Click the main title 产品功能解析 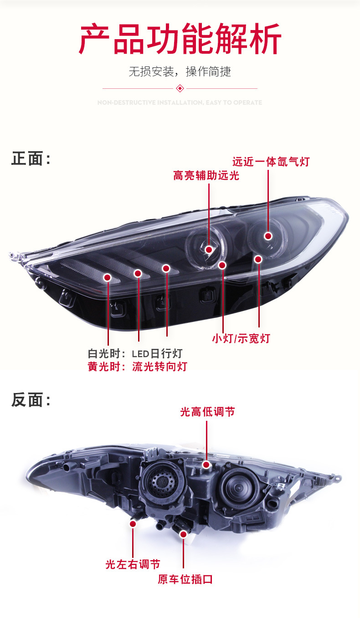coord(180,40)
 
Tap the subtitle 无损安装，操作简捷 coord(180,72)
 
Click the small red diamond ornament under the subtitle coord(180,88)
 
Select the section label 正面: coord(31,159)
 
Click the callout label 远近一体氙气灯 coord(271,162)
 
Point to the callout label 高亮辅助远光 coord(206,175)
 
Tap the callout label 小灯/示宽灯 coord(241,338)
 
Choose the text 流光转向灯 coord(159,367)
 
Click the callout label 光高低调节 coord(207,412)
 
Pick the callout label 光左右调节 coord(133,564)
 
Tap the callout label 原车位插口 coord(185,579)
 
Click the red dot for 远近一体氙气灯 coord(268,236)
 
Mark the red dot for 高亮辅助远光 coord(209,249)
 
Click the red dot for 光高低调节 coord(206,465)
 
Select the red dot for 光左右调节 coord(133,524)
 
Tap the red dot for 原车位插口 coord(184,534)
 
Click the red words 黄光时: coord(107,367)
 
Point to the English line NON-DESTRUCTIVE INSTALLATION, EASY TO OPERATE coord(180,103)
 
